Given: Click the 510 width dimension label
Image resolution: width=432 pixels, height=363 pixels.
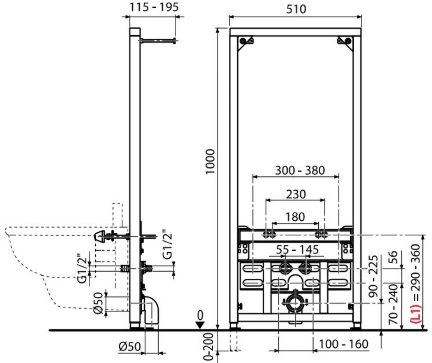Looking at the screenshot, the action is click(296, 9).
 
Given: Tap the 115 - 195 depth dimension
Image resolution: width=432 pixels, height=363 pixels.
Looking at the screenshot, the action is click(154, 7).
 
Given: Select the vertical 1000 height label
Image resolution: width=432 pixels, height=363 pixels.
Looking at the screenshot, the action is click(210, 162).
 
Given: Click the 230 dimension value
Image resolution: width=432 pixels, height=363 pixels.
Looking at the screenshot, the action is click(296, 194).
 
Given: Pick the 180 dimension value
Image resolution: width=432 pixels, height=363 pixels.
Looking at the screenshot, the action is click(295, 217).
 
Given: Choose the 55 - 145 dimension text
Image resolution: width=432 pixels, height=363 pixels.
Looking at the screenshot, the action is click(297, 249).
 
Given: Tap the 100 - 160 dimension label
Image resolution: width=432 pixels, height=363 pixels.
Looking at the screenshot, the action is click(344, 344).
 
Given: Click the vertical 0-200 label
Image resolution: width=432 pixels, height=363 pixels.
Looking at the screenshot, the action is click(209, 346).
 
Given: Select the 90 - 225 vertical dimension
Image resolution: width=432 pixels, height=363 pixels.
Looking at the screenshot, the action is click(373, 276).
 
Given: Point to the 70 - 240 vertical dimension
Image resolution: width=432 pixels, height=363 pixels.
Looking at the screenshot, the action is click(394, 304).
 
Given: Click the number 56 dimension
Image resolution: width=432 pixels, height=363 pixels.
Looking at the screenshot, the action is click(394, 257).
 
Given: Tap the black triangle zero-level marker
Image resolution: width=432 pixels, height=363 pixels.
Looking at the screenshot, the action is click(200, 325).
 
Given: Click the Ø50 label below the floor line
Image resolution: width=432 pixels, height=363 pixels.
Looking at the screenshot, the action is click(130, 346).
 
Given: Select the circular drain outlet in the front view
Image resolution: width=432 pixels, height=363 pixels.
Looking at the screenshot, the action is click(295, 303).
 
